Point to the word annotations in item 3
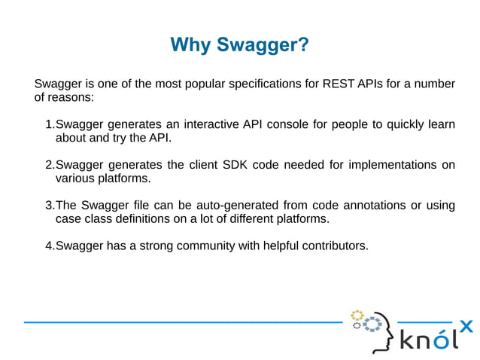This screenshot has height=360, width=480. pos(370,206)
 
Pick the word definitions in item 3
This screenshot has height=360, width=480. pos(147,219)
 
